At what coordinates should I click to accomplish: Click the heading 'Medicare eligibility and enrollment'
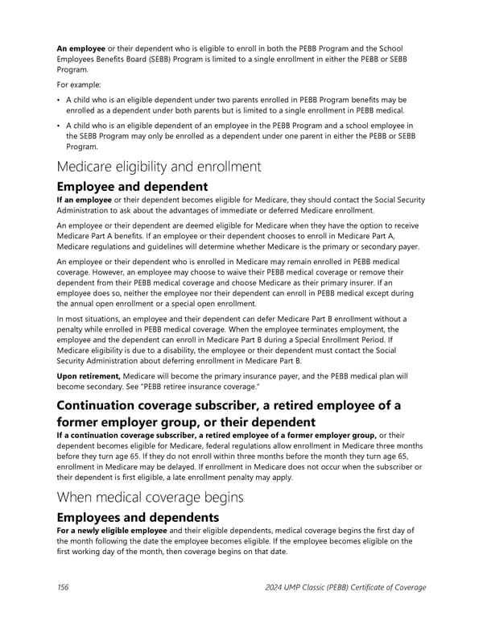coord(159,168)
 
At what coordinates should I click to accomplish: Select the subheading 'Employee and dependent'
coord(132,187)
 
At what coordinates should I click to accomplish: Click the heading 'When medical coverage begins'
coord(150,497)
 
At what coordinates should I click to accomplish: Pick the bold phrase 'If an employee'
coord(85,200)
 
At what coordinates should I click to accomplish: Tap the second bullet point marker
coord(58,126)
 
